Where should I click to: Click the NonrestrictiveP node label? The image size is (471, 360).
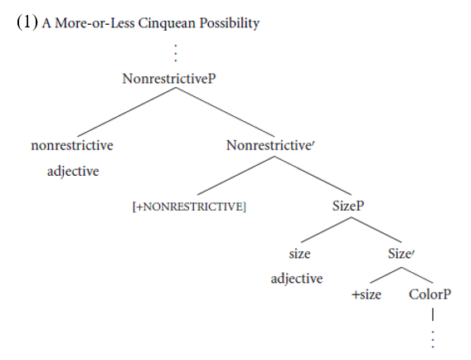click(x=169, y=79)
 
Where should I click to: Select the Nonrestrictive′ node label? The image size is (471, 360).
click(x=270, y=145)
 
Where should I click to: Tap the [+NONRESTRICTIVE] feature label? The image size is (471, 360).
click(x=189, y=207)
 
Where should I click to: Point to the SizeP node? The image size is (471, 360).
click(x=348, y=206)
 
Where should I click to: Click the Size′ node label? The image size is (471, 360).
click(x=401, y=254)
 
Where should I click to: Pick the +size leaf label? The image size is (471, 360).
click(x=367, y=294)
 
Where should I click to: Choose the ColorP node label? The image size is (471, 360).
click(x=430, y=294)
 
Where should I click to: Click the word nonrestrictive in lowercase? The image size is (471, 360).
click(x=72, y=145)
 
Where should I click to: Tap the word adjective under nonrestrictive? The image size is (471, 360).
click(x=73, y=172)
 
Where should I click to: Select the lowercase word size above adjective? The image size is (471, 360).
click(x=299, y=254)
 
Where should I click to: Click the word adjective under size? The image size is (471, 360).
click(x=297, y=279)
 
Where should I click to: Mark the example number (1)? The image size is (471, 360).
click(x=27, y=22)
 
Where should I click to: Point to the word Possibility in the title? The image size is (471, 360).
click(x=230, y=23)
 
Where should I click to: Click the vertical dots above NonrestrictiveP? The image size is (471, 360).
click(x=176, y=53)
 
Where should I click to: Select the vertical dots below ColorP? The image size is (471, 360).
click(x=433, y=339)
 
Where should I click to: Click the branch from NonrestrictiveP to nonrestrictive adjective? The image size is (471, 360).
click(x=127, y=112)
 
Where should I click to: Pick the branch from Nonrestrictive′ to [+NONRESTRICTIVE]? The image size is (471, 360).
click(x=235, y=176)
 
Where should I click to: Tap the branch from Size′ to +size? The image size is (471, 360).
click(x=386, y=275)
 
